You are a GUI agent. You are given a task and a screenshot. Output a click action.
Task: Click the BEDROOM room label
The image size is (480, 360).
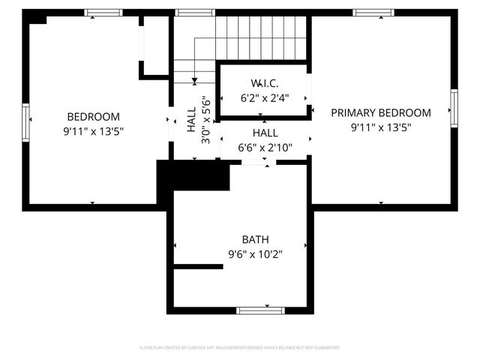94,116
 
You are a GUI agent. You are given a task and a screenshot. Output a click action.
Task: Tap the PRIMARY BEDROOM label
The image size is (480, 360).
381,112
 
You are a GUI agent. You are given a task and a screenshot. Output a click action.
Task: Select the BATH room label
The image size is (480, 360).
255,239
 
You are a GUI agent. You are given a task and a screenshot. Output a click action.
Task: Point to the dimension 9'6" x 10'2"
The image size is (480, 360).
255,254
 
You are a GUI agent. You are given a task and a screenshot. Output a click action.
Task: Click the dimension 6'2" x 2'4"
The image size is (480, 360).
265,97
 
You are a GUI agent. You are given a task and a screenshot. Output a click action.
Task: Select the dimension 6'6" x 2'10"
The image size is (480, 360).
265,148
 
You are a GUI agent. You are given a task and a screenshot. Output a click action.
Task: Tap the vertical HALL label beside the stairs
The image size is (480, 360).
191,119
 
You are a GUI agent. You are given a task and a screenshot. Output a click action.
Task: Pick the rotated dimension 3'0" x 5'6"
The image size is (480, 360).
205,119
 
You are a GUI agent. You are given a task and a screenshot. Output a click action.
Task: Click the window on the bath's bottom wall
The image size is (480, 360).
259,310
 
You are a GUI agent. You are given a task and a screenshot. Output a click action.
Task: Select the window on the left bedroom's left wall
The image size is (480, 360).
26,123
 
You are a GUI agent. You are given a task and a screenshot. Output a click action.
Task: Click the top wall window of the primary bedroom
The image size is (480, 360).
373,12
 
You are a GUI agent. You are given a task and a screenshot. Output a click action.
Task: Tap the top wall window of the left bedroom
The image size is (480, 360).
103,12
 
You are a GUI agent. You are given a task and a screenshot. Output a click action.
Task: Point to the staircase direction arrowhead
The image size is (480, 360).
194,79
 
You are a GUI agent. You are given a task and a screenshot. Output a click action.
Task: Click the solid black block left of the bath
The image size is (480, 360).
192,176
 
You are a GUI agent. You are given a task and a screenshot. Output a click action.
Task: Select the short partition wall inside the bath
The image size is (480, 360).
198,265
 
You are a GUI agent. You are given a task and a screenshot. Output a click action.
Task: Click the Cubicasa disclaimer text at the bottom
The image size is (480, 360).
240,348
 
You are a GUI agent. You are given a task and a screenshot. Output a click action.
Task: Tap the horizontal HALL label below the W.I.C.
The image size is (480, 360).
265,133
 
